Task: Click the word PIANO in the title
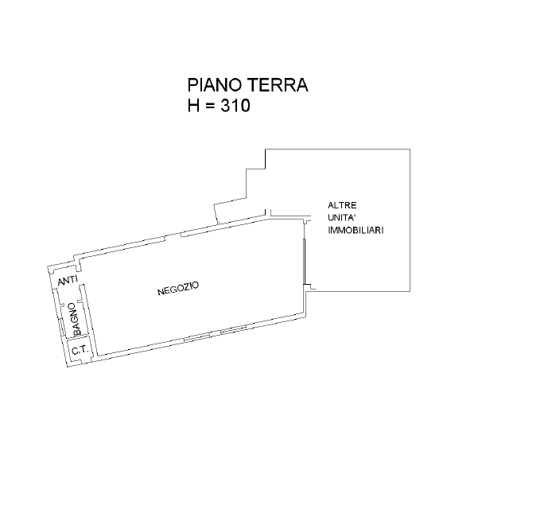click(215, 85)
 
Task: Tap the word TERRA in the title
click(278, 85)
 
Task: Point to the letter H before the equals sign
click(193, 105)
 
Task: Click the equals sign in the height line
click(210, 106)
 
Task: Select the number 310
click(235, 105)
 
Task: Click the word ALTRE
click(342, 205)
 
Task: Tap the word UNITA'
click(342, 218)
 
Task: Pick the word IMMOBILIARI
click(356, 231)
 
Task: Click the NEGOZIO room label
click(178, 289)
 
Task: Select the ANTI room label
click(68, 280)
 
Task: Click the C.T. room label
click(80, 349)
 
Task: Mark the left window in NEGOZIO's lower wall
click(197, 337)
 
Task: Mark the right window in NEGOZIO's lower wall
click(234, 329)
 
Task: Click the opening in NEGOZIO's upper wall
click(173, 235)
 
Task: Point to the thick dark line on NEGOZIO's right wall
click(305, 262)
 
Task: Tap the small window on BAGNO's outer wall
click(61, 328)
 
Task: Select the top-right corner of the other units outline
click(410, 150)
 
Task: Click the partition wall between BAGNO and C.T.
click(78, 337)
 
